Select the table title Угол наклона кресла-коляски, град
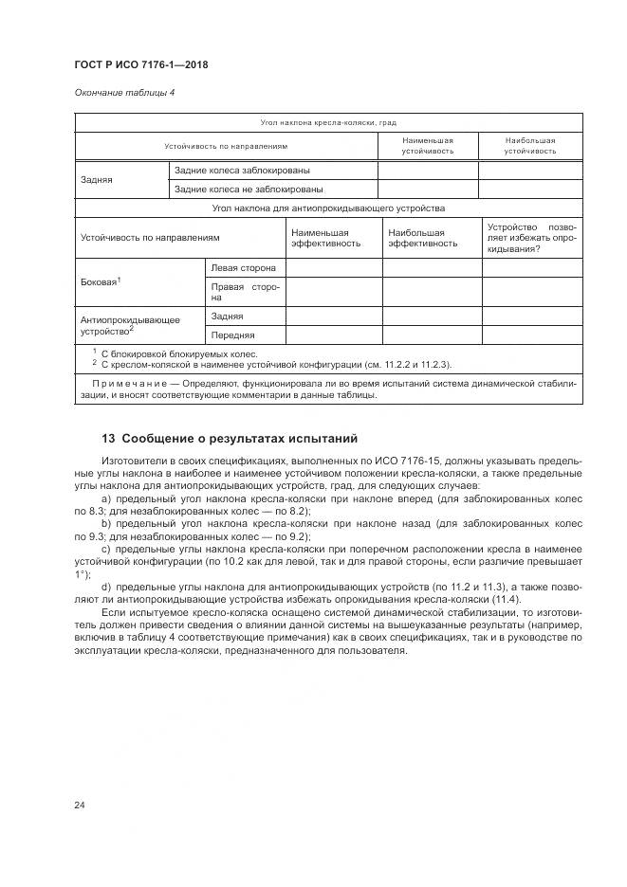point(328,123)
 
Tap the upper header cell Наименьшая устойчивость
point(427,146)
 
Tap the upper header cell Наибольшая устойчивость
point(529,146)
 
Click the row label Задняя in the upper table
point(98,179)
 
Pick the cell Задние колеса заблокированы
point(243,171)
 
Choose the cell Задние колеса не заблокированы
point(249,190)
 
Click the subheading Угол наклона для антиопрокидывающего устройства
point(328,208)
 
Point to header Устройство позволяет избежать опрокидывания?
point(530,237)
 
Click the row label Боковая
point(101,282)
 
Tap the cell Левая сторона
point(244,268)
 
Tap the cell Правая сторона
point(244,292)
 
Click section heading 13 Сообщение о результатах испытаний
point(229,438)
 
